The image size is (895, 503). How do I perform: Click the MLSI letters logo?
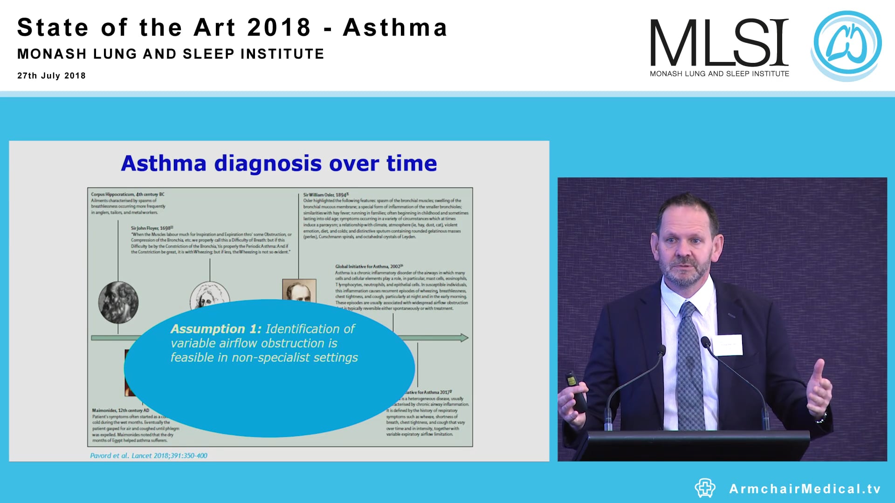click(x=719, y=43)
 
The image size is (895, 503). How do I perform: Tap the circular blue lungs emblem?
click(x=847, y=46)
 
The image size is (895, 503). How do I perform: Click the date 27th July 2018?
click(x=51, y=76)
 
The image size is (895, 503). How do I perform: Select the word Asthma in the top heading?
click(x=395, y=28)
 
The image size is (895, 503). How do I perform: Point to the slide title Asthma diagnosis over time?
click(x=279, y=163)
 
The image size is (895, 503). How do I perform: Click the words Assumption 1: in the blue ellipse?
click(x=216, y=329)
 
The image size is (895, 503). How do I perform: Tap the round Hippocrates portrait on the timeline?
click(x=118, y=302)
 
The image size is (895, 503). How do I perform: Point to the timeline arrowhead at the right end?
click(x=464, y=338)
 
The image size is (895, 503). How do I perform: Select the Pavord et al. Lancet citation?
click(x=149, y=455)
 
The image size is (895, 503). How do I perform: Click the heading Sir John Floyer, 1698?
click(x=151, y=228)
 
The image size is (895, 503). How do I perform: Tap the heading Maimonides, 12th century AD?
click(x=120, y=410)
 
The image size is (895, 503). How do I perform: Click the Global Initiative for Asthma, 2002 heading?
click(x=368, y=266)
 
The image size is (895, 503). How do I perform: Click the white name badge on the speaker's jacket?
click(x=728, y=345)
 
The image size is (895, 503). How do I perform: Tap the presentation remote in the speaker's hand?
click(x=577, y=391)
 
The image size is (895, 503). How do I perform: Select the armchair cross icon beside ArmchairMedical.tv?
click(x=705, y=488)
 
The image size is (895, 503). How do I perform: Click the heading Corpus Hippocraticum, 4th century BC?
click(x=127, y=194)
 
